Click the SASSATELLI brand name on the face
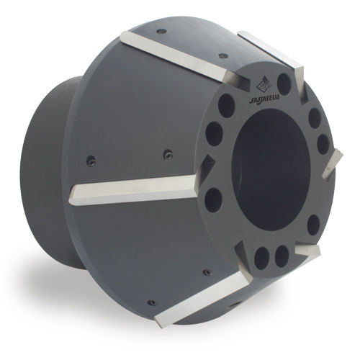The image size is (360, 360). [263, 99]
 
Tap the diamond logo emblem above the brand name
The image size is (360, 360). [262, 85]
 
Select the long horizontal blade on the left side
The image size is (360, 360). [135, 190]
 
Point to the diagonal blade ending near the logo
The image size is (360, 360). [182, 58]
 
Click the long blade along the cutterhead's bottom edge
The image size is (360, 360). [204, 300]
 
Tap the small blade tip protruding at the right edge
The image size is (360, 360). [332, 163]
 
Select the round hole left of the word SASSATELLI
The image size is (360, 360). [226, 106]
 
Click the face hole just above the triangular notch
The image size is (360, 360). [215, 134]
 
